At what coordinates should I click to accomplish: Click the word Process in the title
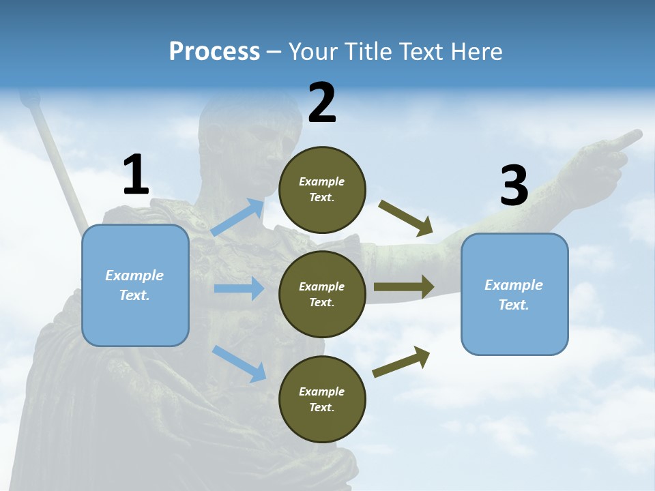214,52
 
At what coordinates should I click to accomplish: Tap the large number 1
136,175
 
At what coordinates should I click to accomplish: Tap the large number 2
322,103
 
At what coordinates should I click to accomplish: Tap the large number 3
514,185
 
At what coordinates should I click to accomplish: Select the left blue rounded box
135,285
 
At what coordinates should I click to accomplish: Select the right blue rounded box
514,294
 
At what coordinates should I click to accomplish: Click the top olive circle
322,190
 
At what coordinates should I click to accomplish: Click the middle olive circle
322,294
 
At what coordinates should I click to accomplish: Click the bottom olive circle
322,399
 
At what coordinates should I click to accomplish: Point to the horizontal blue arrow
239,288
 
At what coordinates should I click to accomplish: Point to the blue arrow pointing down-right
239,363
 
